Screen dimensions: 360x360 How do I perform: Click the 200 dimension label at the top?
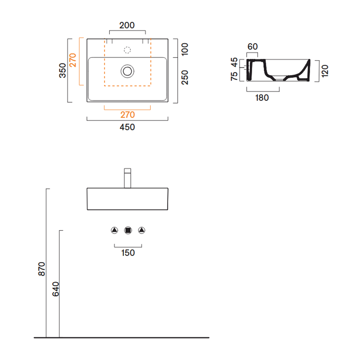point(127,25)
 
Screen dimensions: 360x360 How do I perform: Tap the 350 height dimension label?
point(62,71)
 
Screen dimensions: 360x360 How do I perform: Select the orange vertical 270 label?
point(73,60)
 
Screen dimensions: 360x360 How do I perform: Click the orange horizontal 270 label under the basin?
point(127,114)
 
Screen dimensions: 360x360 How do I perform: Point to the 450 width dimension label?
point(127,127)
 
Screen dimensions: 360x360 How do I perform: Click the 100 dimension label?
point(185,49)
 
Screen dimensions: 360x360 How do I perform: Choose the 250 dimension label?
point(185,77)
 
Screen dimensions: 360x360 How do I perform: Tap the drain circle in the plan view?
point(127,71)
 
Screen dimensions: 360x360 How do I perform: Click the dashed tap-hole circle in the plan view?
point(127,50)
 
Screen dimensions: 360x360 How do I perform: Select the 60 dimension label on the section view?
point(253,46)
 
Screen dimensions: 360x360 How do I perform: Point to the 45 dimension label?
point(234,62)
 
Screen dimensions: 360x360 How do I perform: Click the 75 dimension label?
point(234,76)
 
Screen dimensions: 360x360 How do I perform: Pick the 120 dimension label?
point(325,71)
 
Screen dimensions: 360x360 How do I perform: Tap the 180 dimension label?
point(262,98)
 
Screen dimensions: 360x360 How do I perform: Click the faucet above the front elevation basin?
point(127,178)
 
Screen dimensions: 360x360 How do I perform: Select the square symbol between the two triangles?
point(128,230)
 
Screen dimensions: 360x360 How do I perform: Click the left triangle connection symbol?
point(114,230)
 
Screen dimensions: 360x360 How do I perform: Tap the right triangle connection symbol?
point(141,230)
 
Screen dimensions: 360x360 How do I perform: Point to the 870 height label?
point(41,269)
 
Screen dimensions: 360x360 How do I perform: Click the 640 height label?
point(56,289)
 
